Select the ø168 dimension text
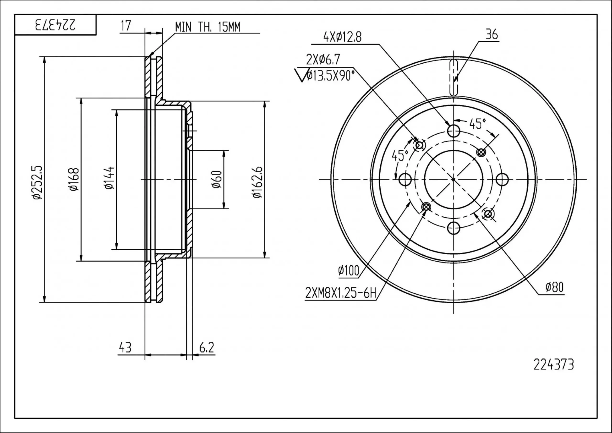coord(74,179)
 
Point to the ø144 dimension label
coord(109,178)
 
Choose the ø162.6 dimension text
coord(257,182)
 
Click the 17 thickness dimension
coord(126,26)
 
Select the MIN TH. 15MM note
coord(208,27)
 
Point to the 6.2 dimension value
coord(207,348)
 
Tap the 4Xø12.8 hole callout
coord(342,37)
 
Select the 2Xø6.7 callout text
coord(323,60)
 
